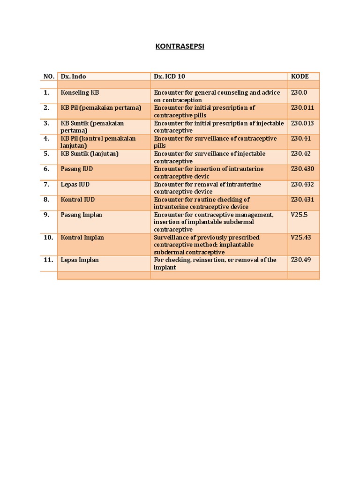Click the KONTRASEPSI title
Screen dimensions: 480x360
click(x=180, y=47)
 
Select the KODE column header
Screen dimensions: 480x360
click(x=300, y=76)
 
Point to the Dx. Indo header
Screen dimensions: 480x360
click(x=73, y=76)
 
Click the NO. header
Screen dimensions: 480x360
click(x=49, y=76)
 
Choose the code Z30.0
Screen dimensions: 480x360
click(x=299, y=93)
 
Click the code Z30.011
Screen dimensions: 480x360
click(x=302, y=108)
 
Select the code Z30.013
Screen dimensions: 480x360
click(x=302, y=123)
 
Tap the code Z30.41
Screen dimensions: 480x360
click(x=300, y=138)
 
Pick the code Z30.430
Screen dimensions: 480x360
click(x=302, y=169)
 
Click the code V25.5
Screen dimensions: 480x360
click(x=299, y=215)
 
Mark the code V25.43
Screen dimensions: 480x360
click(x=301, y=237)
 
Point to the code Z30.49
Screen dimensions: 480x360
click(x=300, y=260)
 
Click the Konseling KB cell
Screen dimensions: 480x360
click(x=80, y=93)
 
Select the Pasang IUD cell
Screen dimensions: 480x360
click(x=77, y=169)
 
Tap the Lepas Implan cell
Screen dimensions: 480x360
click(x=80, y=260)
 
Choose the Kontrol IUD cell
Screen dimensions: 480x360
click(x=78, y=200)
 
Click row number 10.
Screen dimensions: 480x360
click(x=48, y=237)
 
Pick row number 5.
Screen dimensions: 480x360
click(x=46, y=154)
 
